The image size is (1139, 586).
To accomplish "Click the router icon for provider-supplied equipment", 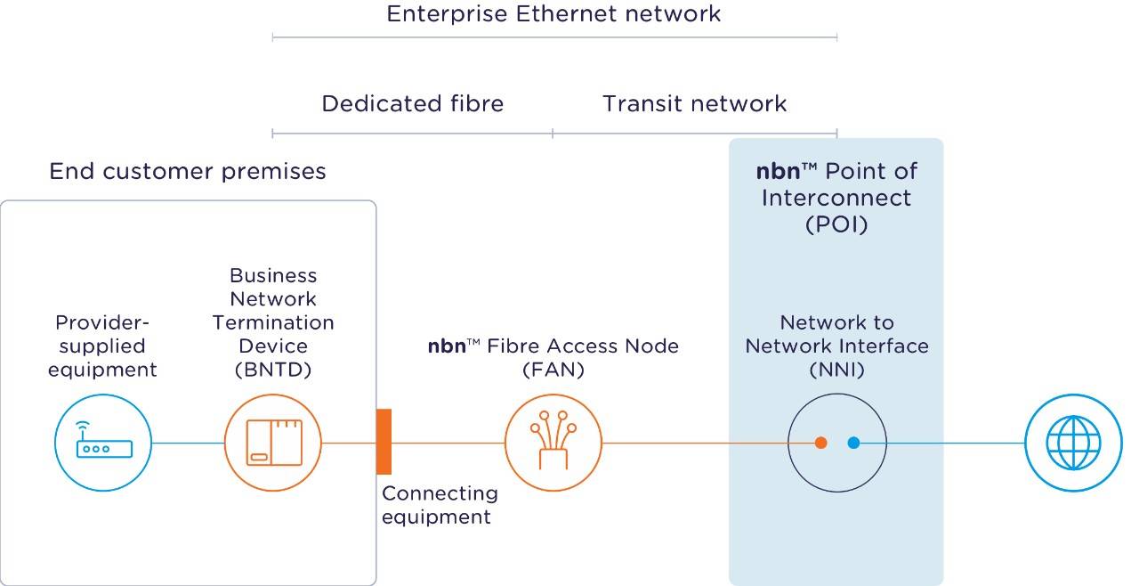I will pyautogui.click(x=103, y=443).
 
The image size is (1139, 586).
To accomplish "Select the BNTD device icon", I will pyautogui.click(x=273, y=443).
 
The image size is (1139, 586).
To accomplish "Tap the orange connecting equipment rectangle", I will pyautogui.click(x=384, y=442).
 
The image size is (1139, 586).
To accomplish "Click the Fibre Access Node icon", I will pyautogui.click(x=553, y=443).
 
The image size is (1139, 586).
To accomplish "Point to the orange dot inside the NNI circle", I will pyautogui.click(x=820, y=443).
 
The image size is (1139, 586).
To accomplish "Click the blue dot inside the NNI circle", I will pyautogui.click(x=853, y=443).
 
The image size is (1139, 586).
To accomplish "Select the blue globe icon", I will pyautogui.click(x=1073, y=443).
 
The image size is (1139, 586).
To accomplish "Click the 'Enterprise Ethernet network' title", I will pyautogui.click(x=553, y=14).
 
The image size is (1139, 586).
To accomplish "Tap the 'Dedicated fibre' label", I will pyautogui.click(x=412, y=104).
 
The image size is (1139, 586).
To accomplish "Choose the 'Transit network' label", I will pyautogui.click(x=694, y=104).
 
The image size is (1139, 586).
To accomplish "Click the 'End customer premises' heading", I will pyautogui.click(x=188, y=171).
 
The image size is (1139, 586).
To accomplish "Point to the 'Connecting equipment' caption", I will pyautogui.click(x=440, y=505).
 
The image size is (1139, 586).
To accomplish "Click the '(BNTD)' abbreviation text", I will pyautogui.click(x=272, y=370).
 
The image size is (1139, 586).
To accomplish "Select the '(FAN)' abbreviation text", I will pyautogui.click(x=553, y=370).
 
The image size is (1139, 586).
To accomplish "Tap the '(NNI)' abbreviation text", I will pyautogui.click(x=836, y=370).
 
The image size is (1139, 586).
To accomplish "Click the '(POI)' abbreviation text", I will pyautogui.click(x=836, y=224).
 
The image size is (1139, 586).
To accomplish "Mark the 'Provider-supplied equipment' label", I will pyautogui.click(x=102, y=346).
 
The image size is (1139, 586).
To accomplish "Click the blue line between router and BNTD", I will pyautogui.click(x=187, y=443).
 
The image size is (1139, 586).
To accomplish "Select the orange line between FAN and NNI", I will pyautogui.click(x=694, y=443).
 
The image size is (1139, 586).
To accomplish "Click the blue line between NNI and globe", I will pyautogui.click(x=943, y=443).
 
